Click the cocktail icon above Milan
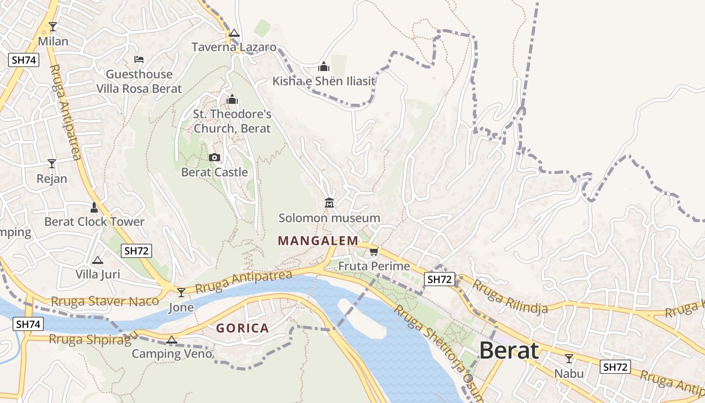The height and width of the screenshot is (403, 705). coord(53,27)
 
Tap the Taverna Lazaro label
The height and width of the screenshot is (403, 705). coord(234,47)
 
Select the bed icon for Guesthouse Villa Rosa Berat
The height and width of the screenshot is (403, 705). coord(139,59)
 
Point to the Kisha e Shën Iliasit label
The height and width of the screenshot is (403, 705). coord(324,81)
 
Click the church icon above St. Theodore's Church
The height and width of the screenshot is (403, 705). coord(232,99)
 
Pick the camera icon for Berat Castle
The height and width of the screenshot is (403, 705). coord(215,158)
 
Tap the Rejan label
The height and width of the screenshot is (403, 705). coord(52,179)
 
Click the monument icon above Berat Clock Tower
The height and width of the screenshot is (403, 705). coord(94,207)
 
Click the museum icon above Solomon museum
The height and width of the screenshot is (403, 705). coord(329,203)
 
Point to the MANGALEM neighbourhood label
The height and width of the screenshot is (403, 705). coord(318,241)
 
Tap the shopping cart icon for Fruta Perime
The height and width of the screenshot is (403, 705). coord(374,251)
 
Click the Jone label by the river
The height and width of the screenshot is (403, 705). coord(181,307)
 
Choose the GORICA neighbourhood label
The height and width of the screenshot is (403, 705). coord(242,328)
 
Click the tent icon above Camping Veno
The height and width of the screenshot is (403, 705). coord(172,340)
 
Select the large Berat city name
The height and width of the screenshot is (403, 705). coord(509,351)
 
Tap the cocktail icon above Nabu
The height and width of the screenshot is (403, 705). coord(569,359)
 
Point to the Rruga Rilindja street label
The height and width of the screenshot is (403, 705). coord(510,297)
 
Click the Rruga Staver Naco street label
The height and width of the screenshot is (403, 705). coord(105,302)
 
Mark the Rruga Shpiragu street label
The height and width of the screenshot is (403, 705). coord(93,339)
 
